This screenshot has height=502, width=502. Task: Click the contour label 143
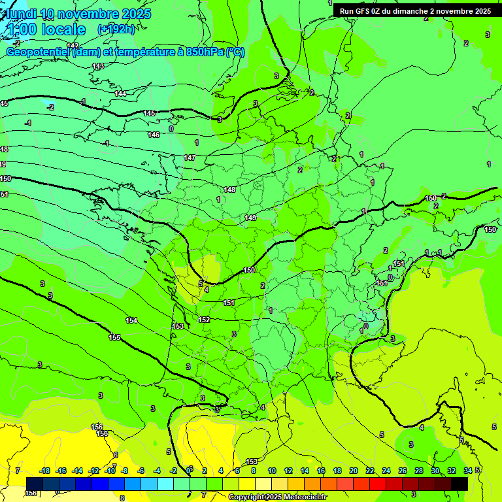(x=98, y=67)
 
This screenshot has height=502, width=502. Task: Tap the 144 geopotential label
(x=120, y=94)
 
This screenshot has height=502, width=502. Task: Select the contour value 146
(x=154, y=135)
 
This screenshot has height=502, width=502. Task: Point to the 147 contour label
(x=190, y=158)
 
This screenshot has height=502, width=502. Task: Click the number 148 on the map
(x=229, y=190)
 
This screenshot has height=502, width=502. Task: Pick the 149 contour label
(x=250, y=218)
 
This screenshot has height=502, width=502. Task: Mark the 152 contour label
(x=204, y=320)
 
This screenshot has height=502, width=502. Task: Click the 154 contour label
(x=131, y=320)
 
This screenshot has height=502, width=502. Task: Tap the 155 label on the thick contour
(x=114, y=337)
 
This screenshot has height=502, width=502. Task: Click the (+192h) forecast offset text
(x=116, y=29)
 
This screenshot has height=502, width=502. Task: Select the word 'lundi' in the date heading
(x=20, y=14)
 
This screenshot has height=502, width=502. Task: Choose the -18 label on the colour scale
(x=45, y=471)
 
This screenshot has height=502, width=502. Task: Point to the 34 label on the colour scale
(x=467, y=471)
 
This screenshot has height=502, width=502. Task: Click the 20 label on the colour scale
(x=354, y=471)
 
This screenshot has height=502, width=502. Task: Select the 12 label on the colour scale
(x=288, y=471)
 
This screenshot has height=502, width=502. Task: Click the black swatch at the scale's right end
(x=460, y=484)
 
